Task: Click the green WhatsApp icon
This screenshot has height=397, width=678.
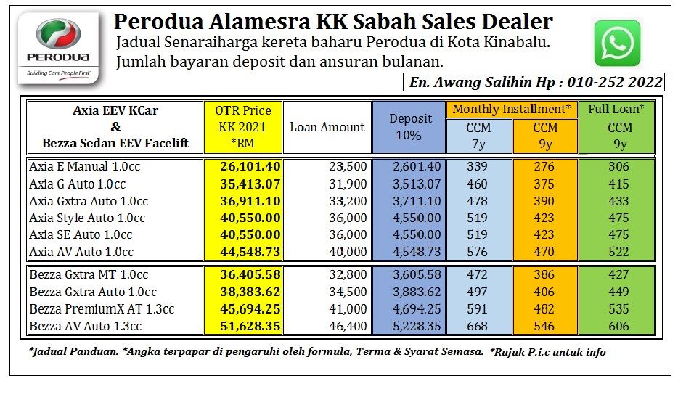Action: [x=617, y=44]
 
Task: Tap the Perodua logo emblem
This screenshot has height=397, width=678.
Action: [x=58, y=33]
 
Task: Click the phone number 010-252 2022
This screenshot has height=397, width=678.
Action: [x=614, y=82]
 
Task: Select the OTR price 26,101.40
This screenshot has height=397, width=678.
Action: [x=250, y=166]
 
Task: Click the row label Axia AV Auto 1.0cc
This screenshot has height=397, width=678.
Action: [x=81, y=252]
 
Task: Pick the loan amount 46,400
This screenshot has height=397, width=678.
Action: [x=348, y=326]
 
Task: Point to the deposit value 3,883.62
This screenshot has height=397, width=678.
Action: [x=417, y=292]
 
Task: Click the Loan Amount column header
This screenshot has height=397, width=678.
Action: [x=327, y=127]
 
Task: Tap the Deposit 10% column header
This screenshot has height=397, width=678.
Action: [x=410, y=127]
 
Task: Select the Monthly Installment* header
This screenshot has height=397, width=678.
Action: [x=512, y=110]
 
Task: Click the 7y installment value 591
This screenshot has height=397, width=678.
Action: [x=478, y=309]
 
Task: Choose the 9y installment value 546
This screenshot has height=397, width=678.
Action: [x=544, y=326]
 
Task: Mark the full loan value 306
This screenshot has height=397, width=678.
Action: [x=618, y=166]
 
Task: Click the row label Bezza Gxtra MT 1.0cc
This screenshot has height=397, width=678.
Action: [x=89, y=274]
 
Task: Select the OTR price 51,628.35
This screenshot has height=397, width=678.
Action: [x=250, y=326]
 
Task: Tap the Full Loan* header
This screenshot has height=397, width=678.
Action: [x=616, y=109]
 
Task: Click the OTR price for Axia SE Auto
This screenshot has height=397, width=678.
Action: [x=250, y=235]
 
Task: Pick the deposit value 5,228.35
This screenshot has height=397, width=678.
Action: [x=417, y=326]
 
